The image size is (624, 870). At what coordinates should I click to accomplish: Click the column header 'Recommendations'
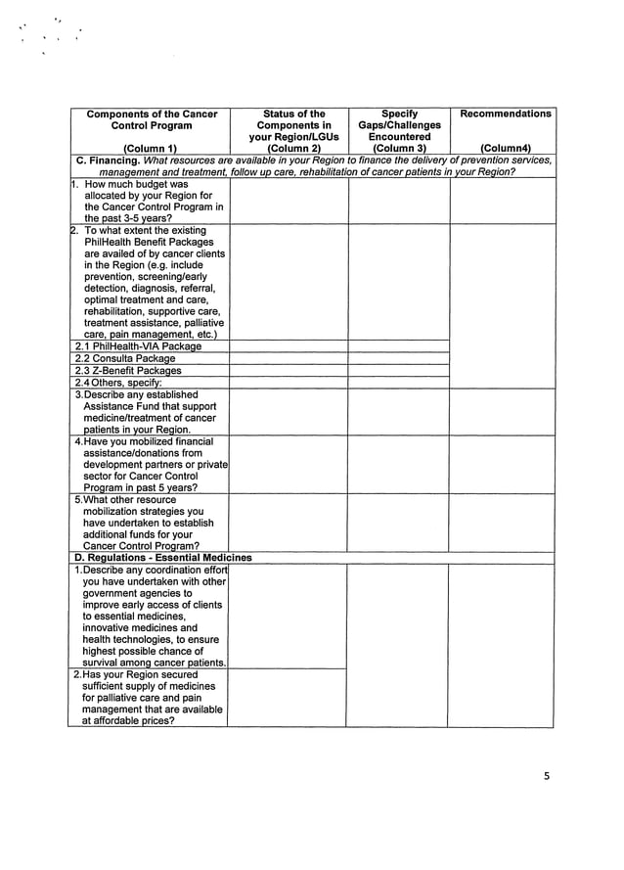coord(505,114)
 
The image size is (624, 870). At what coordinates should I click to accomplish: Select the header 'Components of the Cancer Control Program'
coord(150,119)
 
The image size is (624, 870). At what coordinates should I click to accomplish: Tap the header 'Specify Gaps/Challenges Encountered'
coord(399,125)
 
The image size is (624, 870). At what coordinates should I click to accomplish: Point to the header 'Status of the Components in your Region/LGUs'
coord(289,125)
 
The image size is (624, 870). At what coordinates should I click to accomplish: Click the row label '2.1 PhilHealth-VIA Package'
coord(138,345)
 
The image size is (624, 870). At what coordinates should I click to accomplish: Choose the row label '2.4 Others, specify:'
coord(118,383)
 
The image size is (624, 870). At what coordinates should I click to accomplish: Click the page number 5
coord(547,777)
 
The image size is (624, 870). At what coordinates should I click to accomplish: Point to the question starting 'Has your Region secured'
coord(147,698)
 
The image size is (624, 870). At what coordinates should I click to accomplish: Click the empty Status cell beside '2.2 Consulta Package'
coord(288,358)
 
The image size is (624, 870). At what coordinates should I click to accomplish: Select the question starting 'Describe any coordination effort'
coord(148,616)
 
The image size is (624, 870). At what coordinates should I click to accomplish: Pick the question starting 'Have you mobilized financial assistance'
coord(148,465)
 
